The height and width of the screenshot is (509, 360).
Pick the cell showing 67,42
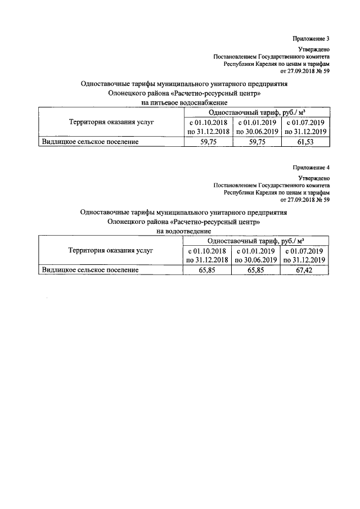pos(304,270)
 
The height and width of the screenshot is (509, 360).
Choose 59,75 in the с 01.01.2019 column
pos(258,142)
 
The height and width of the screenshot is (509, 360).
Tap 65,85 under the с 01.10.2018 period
pos(208,270)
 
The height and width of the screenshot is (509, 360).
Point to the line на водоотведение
pos(183,231)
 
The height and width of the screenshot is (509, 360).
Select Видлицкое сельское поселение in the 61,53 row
pos(91,142)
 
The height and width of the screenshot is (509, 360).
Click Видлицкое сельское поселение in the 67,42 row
pos(91,270)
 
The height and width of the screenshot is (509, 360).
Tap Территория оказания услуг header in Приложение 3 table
pos(111,121)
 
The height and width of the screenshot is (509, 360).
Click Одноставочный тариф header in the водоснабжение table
pos(256,112)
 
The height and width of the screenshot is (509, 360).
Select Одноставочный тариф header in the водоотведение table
pos(255,240)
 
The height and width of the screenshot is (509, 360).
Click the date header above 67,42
pos(304,255)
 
